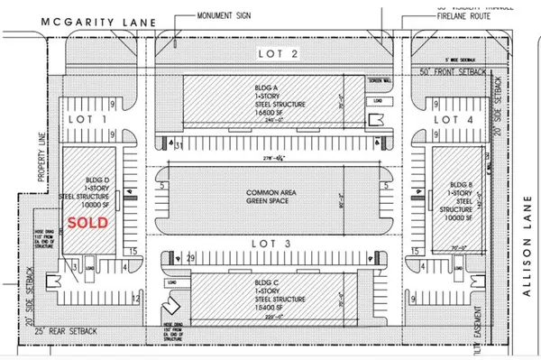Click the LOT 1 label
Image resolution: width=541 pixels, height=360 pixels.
[92, 118]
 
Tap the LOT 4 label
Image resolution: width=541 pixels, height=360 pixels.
[448, 119]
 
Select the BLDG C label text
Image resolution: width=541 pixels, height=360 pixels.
[267, 282]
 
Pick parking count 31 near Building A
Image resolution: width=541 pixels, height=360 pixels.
[179, 145]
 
